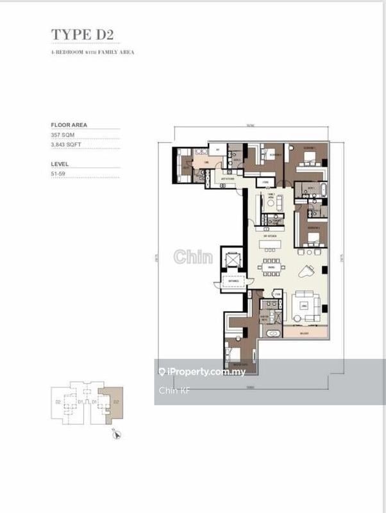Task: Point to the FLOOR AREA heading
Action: (x=69, y=125)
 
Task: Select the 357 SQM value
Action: (x=64, y=136)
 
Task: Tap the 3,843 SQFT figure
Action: (x=67, y=146)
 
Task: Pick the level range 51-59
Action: (x=59, y=174)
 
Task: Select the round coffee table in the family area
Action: (x=272, y=203)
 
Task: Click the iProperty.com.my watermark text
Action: (x=193, y=372)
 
